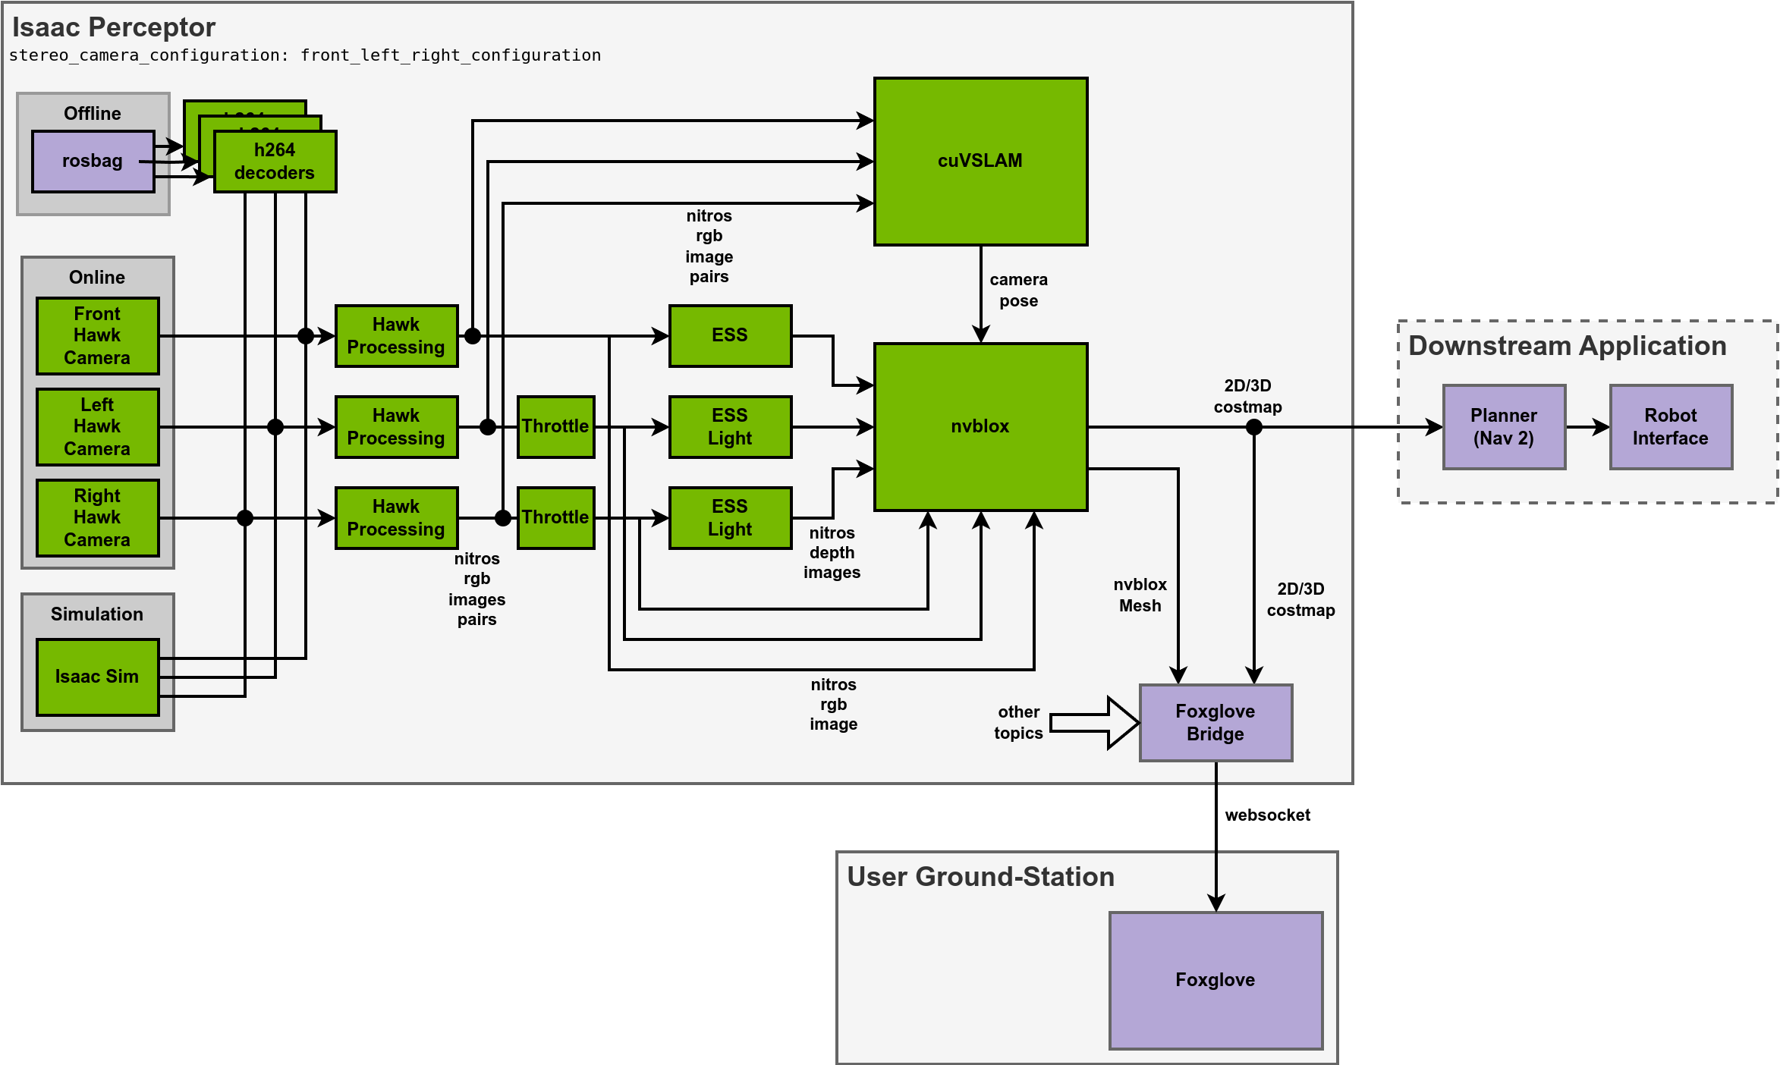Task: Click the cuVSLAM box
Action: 980,161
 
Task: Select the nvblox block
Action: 980,426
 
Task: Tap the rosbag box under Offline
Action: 93,161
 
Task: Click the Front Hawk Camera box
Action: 97,335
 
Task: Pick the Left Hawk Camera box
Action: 97,426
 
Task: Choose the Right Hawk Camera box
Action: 97,517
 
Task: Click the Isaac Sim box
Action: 97,677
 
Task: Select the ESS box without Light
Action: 730,335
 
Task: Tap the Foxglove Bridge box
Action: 1215,722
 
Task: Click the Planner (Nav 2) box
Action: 1504,426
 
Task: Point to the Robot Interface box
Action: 1671,426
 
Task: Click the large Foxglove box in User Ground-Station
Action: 1215,980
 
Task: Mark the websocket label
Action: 1267,815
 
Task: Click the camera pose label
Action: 1018,290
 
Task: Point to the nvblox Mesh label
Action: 1140,595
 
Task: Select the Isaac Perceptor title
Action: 114,27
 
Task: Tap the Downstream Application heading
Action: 1568,346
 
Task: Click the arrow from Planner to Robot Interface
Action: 1587,427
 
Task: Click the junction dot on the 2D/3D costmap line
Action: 1254,427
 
